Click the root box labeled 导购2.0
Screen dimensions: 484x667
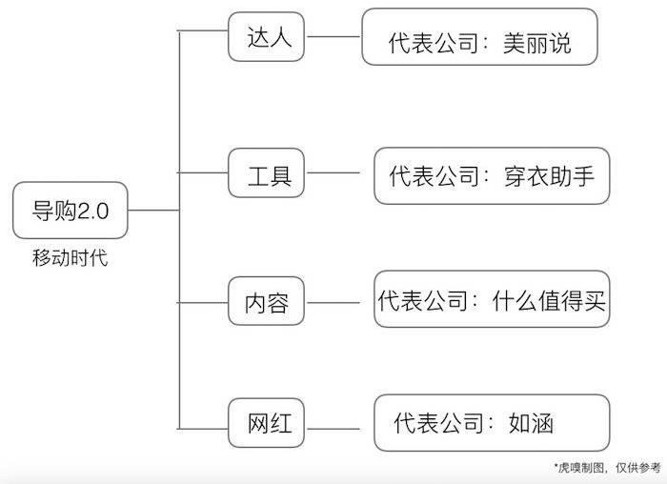71,211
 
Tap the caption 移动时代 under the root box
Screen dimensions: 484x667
71,257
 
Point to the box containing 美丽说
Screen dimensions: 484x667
479,38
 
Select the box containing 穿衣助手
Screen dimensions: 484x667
491,175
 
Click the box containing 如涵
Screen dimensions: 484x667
491,423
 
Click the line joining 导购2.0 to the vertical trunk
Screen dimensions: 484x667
153,211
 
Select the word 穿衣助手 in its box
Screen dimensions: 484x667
548,176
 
